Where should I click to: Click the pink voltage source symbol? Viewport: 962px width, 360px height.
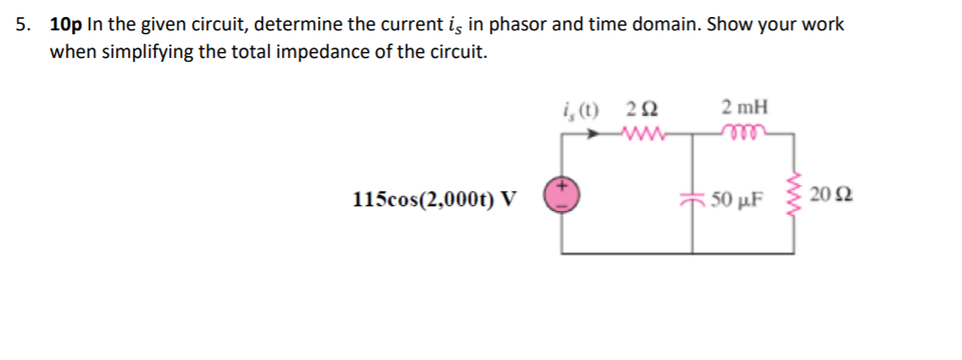tap(560, 197)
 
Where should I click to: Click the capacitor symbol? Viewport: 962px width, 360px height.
tap(692, 199)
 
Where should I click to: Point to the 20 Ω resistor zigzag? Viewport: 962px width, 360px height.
tap(795, 198)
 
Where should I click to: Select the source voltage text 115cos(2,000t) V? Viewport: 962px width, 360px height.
tap(434, 199)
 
